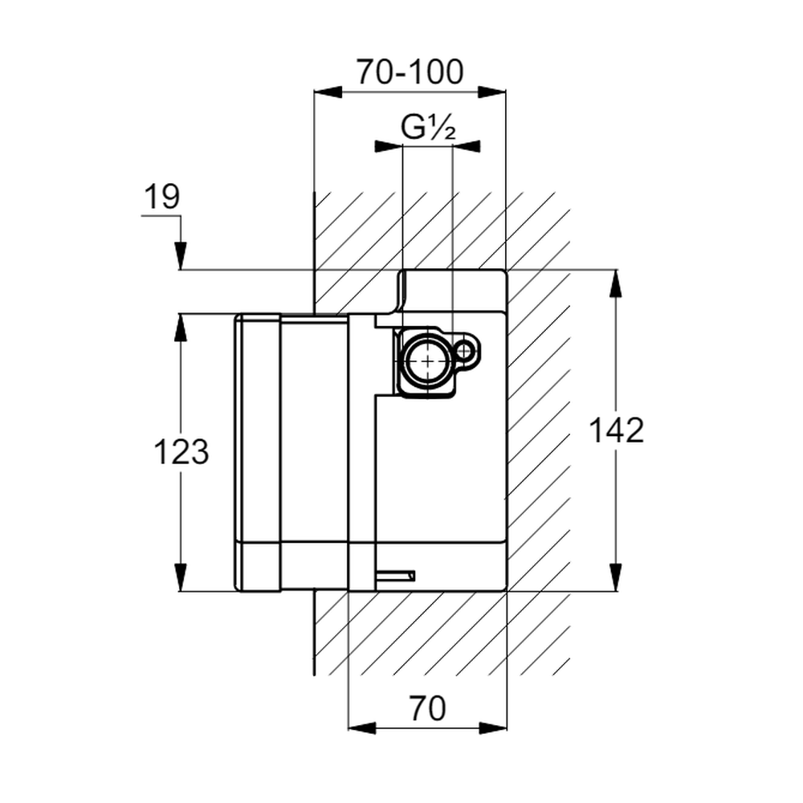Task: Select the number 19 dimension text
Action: coord(162,197)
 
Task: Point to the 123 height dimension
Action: coord(181,451)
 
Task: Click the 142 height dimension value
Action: coord(616,430)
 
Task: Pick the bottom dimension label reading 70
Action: coord(428,709)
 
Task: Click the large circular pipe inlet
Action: coord(426,361)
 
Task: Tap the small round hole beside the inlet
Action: coord(464,352)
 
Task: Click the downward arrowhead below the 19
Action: coord(180,255)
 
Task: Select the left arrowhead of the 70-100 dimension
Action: coord(328,92)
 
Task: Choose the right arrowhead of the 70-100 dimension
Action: coord(491,92)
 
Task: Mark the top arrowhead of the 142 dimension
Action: coord(616,283)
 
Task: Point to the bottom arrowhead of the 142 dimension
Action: coord(616,577)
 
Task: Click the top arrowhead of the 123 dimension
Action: coord(180,328)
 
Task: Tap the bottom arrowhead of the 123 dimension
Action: coord(180,577)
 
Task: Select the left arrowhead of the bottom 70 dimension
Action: coord(362,728)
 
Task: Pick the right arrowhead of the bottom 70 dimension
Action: coord(493,728)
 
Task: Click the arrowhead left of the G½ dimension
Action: coord(389,146)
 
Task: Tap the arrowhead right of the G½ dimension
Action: coord(467,146)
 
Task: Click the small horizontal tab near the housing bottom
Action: coord(395,576)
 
